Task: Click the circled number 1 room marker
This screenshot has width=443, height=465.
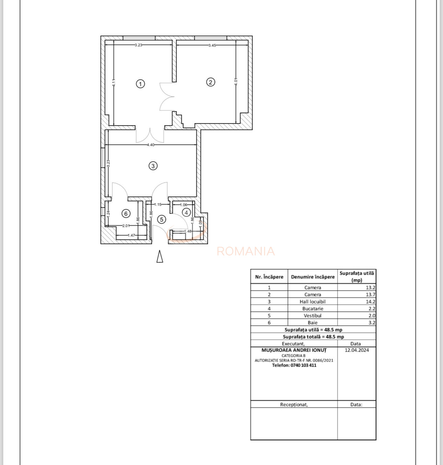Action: pyautogui.click(x=140, y=84)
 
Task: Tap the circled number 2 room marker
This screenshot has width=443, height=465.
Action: pyautogui.click(x=211, y=82)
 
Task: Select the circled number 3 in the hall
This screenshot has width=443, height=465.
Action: pyautogui.click(x=153, y=166)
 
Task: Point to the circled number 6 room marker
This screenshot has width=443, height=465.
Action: pyautogui.click(x=126, y=214)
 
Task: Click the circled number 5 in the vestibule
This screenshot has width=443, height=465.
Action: pyautogui.click(x=161, y=219)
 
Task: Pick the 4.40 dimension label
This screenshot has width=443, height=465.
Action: pyautogui.click(x=151, y=145)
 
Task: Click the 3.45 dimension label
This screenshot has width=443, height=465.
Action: pyautogui.click(x=212, y=45)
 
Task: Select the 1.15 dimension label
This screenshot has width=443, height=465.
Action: pyautogui.click(x=158, y=204)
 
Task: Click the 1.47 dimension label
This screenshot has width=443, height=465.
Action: pyautogui.click(x=131, y=235)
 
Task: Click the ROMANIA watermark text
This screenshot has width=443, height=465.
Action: pyautogui.click(x=246, y=251)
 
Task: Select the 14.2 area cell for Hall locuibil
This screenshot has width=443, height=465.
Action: pyautogui.click(x=371, y=302)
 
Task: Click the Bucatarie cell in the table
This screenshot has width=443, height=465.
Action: pyautogui.click(x=313, y=309)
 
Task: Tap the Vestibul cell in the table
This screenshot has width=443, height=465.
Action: pyautogui.click(x=313, y=315)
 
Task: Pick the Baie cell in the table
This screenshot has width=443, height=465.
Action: pyautogui.click(x=313, y=323)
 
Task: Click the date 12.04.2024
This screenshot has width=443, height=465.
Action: pyautogui.click(x=357, y=350)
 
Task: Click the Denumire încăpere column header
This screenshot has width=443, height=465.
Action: pyautogui.click(x=313, y=277)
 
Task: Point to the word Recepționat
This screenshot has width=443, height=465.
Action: pyautogui.click(x=294, y=405)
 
